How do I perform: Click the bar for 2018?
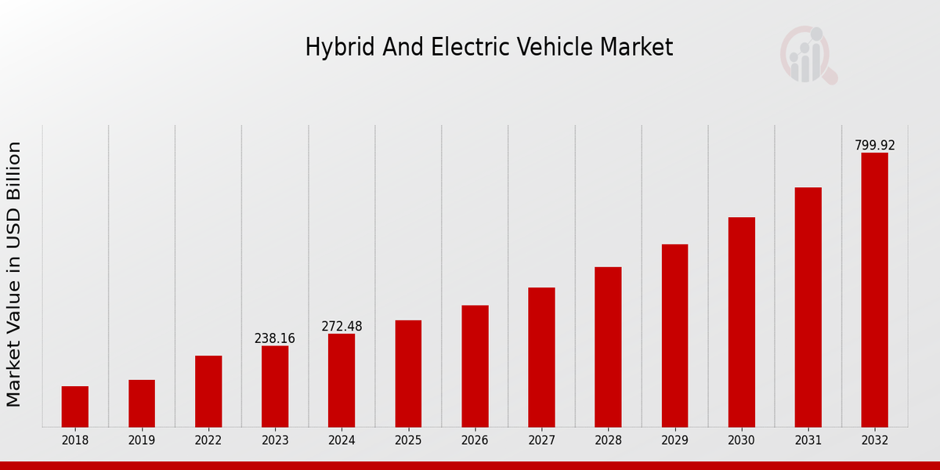coord(75,407)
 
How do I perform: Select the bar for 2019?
coord(142,403)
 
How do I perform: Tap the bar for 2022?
coord(208,392)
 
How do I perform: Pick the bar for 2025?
coord(408,374)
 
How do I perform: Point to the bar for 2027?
coord(541,357)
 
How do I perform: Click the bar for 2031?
coord(808,307)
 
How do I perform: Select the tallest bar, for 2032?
coord(874,290)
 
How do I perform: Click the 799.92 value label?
coord(874,146)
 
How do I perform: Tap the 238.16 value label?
coord(275,338)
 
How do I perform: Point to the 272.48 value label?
coord(342,327)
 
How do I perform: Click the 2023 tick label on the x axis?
coord(275,440)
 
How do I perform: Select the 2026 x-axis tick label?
coord(475,440)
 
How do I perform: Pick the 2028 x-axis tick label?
coord(608,440)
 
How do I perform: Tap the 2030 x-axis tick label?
coord(741,440)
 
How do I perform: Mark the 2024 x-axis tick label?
coord(342,440)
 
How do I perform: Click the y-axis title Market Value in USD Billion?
coord(14,274)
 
